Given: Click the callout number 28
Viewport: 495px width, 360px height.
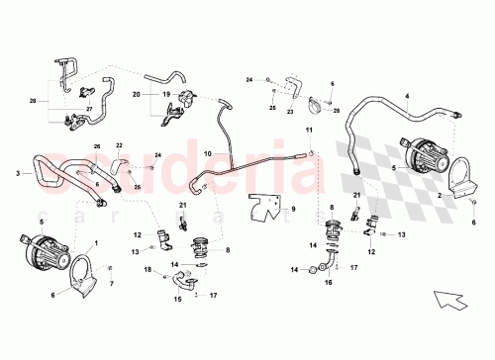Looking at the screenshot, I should (33, 100).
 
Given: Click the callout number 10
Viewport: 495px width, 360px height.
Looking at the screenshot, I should (209, 154).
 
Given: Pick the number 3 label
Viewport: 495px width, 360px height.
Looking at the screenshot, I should (18, 174).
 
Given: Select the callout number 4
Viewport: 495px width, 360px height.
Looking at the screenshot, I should (406, 97).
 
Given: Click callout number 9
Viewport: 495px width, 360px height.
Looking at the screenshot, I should (293, 210).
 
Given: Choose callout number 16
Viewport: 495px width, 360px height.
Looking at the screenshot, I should (328, 280).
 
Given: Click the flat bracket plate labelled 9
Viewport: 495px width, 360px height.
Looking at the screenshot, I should (266, 210).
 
